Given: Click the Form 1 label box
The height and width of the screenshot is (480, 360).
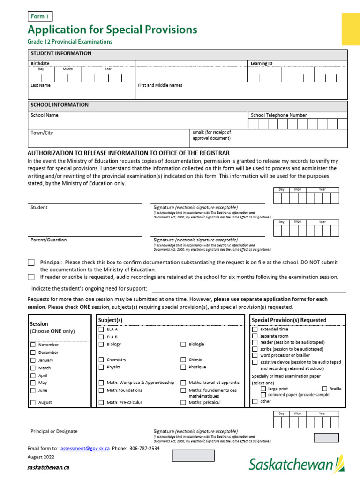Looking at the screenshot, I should pos(39,16).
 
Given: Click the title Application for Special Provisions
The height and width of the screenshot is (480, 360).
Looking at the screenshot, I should pos(112,30).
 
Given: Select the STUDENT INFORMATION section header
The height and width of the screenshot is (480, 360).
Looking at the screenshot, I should pos(61,54).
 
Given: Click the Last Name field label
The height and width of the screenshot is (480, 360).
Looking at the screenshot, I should pos(41,86).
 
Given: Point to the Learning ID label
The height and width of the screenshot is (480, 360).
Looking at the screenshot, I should pos(261,64).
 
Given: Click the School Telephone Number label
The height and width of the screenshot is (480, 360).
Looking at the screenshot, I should pos(279,115).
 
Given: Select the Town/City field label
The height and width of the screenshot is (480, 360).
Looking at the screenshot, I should pos(42,133).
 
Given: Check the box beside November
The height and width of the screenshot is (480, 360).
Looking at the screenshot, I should pos(33,345).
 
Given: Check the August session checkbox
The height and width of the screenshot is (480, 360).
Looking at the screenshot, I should pos(33,403).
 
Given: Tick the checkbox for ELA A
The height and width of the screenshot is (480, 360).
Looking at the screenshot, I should pos(101,330).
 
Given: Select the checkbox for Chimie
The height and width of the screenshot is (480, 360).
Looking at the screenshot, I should pos(183,360).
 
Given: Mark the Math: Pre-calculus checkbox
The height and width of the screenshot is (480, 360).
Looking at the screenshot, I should pos(101,403).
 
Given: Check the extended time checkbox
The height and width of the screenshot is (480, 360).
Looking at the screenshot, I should pos(255,330).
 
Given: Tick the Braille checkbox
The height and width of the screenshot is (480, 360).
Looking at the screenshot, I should pos(325,389).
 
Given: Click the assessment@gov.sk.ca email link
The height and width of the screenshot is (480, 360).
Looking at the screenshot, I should pos(85,448).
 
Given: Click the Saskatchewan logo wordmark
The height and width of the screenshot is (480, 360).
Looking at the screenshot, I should pos(292,465).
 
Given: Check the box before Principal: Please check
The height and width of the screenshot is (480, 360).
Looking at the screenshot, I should pos(31,262).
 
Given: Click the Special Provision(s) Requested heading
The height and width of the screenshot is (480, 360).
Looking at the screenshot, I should pos(289,320).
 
